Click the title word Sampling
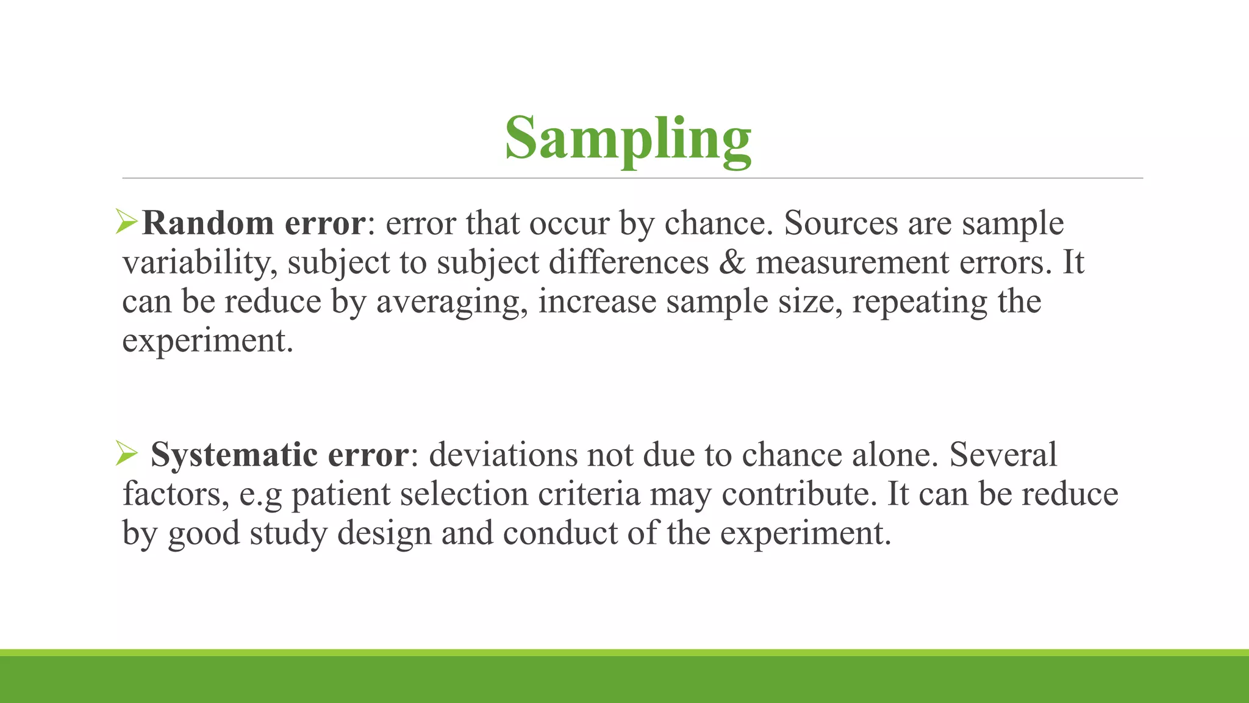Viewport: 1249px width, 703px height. pyautogui.click(x=628, y=139)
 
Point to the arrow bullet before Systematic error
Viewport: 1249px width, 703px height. pyautogui.click(x=127, y=454)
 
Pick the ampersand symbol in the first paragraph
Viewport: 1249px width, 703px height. pyautogui.click(x=732, y=262)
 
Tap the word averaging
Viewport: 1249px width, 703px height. pyautogui.click(x=451, y=302)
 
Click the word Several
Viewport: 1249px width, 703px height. pyautogui.click(x=1003, y=455)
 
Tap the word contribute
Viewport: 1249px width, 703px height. pyautogui.click(x=798, y=494)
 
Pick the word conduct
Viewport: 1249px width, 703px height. pyautogui.click(x=560, y=533)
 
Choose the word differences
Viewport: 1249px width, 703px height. pyautogui.click(x=629, y=263)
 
